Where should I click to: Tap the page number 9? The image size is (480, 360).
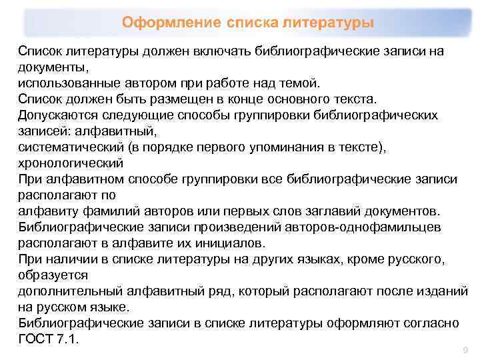tap(465, 350)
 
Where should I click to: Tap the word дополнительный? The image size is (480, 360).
tap(76, 291)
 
